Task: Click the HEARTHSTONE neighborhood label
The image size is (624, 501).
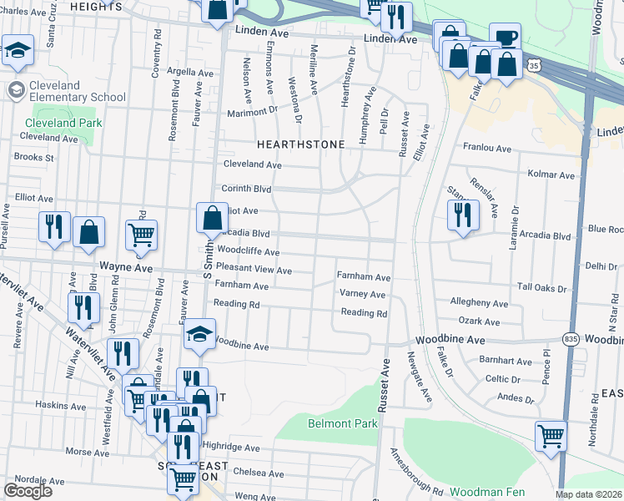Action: click(x=300, y=144)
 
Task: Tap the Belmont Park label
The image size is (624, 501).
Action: click(x=343, y=423)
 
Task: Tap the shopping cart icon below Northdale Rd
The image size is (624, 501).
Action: click(x=551, y=435)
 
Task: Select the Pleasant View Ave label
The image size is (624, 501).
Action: click(x=254, y=271)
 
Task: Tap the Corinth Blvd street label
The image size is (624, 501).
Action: click(x=246, y=189)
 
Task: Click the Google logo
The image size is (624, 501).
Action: click(x=28, y=491)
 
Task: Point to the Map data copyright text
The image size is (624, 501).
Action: click(x=589, y=494)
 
